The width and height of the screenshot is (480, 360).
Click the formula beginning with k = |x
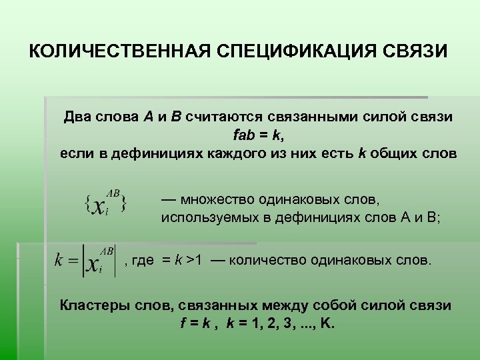pyautogui.click(x=85, y=261)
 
